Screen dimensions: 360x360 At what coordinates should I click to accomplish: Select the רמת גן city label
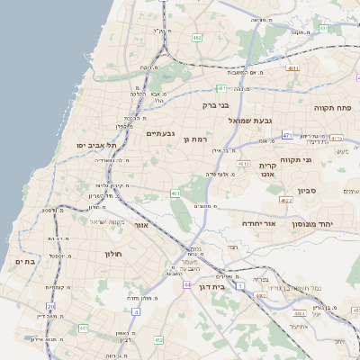(195, 139)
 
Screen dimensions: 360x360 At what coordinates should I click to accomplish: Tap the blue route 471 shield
(287, 134)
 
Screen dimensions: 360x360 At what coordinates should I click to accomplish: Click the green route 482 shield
(260, 294)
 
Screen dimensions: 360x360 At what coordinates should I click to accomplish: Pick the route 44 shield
(187, 284)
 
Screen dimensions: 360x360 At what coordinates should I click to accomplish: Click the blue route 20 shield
(50, 307)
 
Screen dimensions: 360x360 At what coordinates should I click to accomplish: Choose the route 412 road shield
(157, 339)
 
